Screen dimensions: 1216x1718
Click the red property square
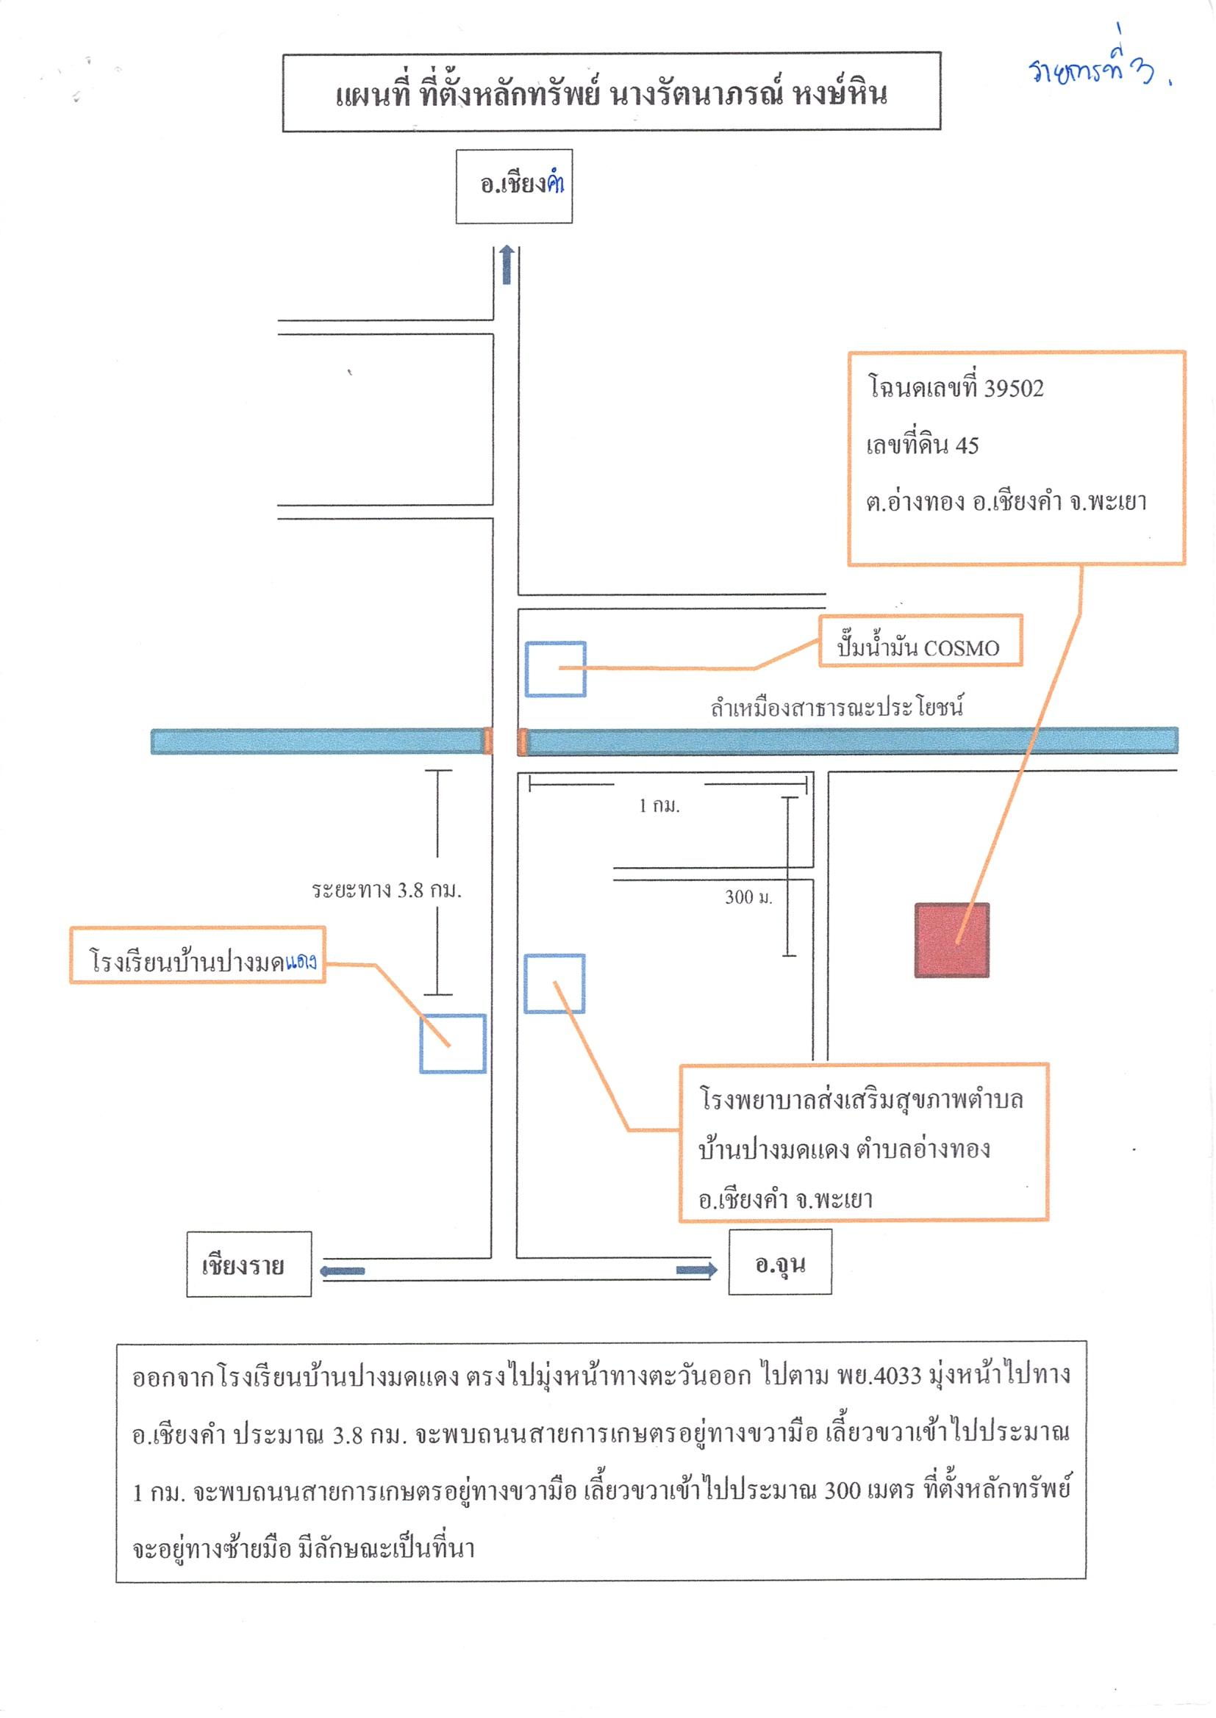(951, 941)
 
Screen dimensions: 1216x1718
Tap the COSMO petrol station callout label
(920, 641)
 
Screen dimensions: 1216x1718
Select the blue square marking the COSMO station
(555, 669)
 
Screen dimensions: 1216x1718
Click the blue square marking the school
(452, 1044)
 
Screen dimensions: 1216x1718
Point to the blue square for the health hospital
(554, 984)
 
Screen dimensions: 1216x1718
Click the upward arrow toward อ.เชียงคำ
(507, 265)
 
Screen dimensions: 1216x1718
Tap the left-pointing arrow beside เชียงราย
(342, 1271)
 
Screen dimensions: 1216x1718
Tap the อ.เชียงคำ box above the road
(515, 187)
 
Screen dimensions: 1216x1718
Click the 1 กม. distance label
(659, 805)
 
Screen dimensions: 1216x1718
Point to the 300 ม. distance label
(748, 896)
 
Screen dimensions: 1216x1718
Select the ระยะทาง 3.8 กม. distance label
(387, 890)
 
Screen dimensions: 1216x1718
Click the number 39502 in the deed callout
(1014, 388)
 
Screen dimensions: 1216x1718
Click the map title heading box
(612, 92)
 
